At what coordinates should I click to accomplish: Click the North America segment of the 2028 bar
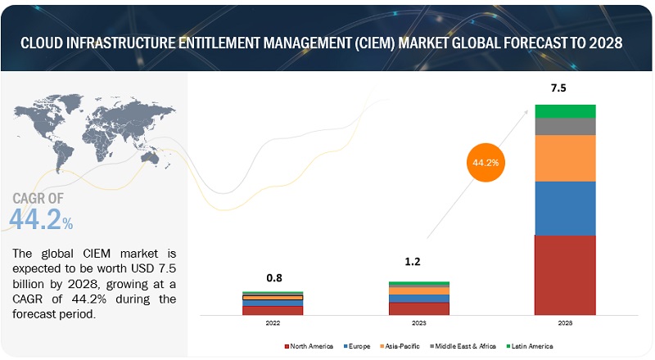click(x=565, y=275)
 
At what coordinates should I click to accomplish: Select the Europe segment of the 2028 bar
click(x=565, y=208)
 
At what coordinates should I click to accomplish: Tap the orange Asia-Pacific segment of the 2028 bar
click(x=565, y=158)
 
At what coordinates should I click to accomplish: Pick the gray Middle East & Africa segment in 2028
click(x=565, y=126)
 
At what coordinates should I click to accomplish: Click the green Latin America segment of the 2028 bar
click(x=565, y=110)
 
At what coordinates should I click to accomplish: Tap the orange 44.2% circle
click(x=483, y=163)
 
